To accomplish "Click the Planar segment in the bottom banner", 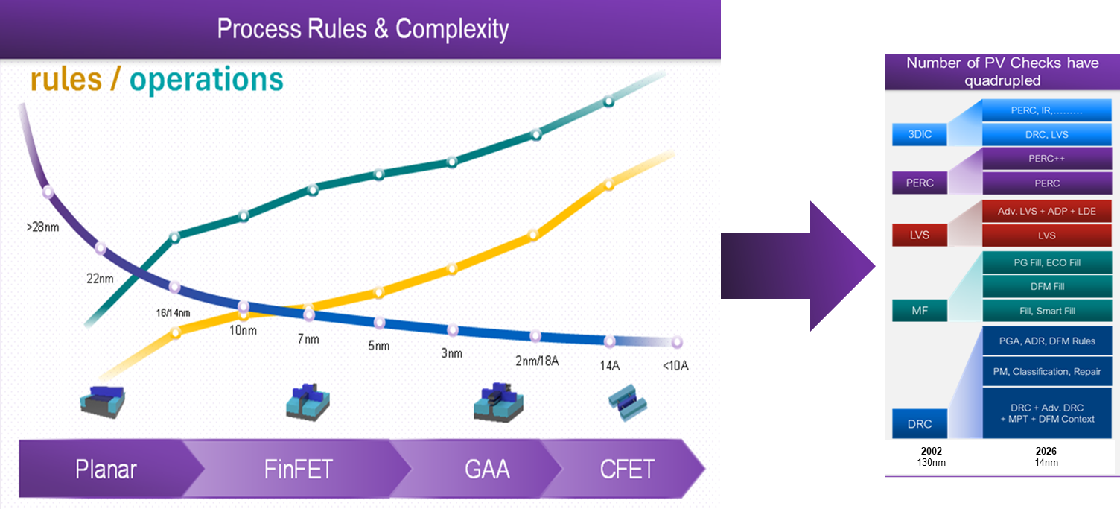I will point(106,470).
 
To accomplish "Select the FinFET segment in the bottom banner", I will point(298,470).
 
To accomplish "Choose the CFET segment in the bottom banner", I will point(627,470).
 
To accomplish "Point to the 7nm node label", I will point(308,339).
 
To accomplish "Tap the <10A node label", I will point(675,366).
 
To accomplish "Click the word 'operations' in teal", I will point(206,80).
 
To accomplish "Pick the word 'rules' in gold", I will point(66,80).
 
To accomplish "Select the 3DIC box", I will point(920,134).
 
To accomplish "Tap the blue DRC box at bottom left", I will point(920,423).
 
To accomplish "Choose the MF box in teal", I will point(920,310).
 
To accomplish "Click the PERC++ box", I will point(1046,159).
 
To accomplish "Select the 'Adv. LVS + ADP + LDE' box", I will point(1046,211).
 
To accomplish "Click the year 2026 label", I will point(1046,451).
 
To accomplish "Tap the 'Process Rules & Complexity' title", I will point(363,29).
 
